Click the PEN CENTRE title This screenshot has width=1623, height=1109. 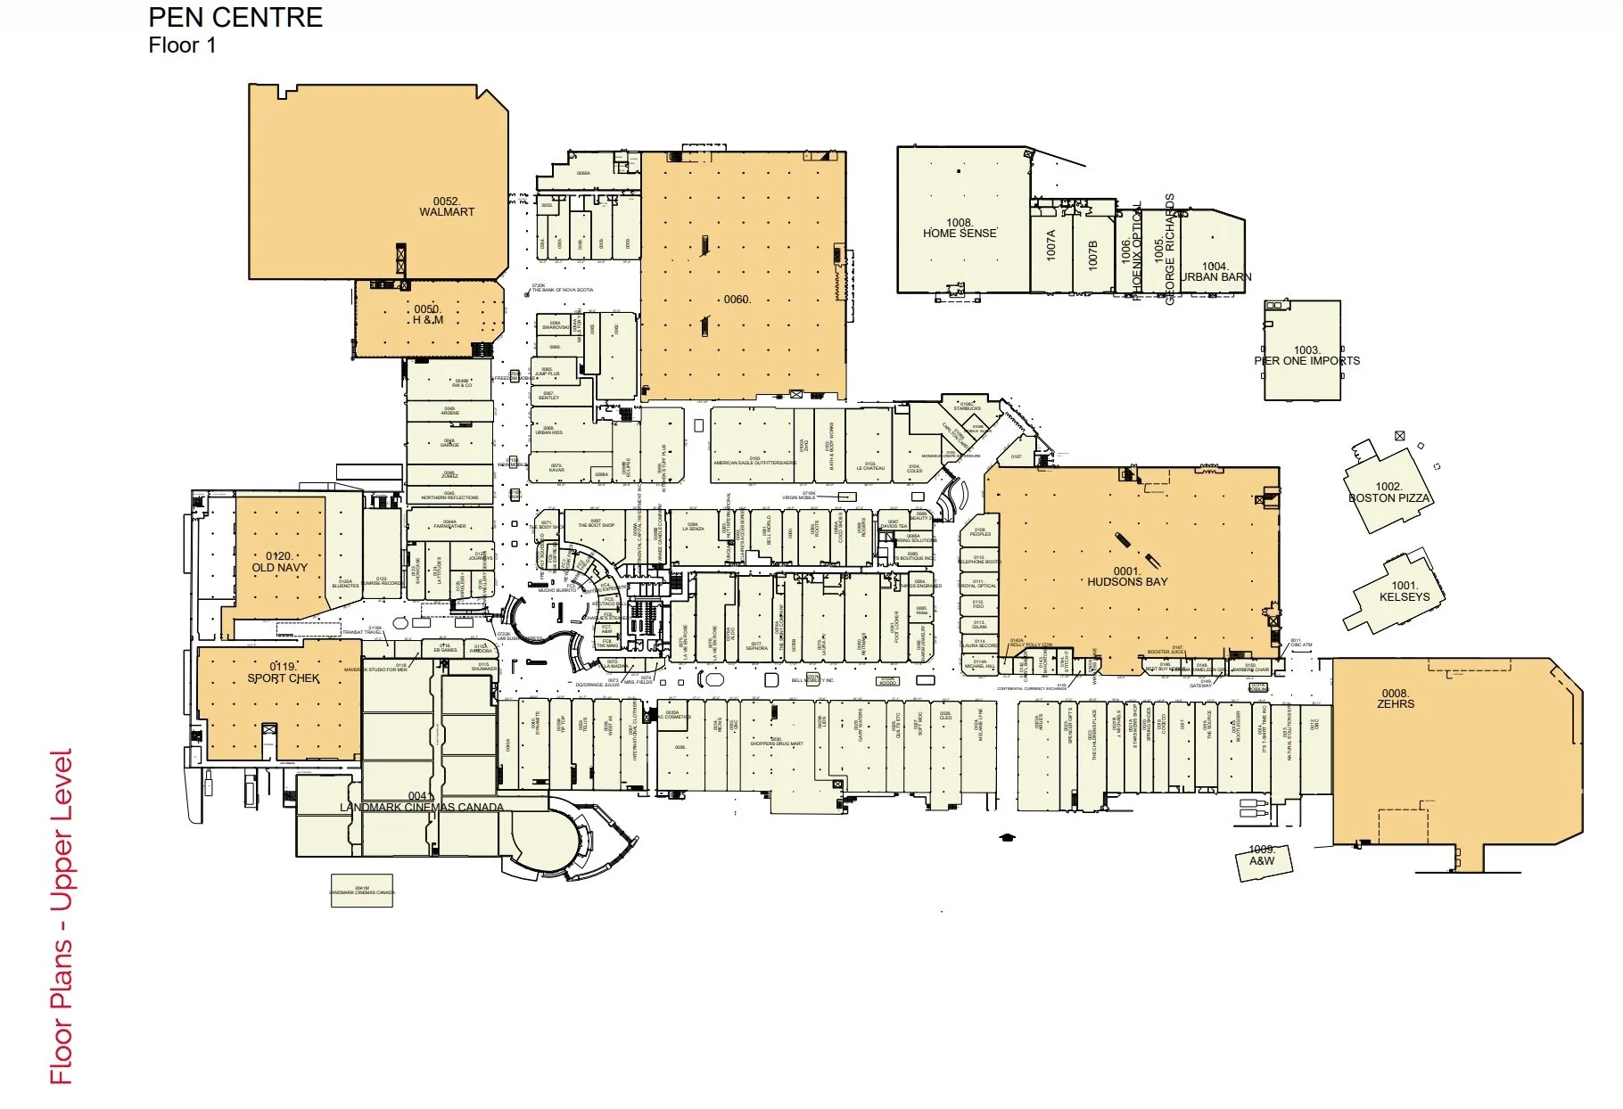point(235,18)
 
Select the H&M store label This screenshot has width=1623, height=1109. point(427,315)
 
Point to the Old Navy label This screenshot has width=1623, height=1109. point(279,562)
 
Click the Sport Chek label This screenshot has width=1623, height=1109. point(283,673)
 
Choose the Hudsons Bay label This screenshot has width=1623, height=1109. point(1127,577)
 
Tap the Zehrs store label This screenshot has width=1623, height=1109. point(1395,699)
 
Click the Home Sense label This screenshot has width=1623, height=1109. point(960,228)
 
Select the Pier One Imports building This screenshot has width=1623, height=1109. point(1303,350)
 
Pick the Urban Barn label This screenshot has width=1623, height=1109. point(1215,272)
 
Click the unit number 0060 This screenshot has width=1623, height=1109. point(737,300)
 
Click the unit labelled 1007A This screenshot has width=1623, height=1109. point(1050,245)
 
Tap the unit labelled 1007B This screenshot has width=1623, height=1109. point(1093,254)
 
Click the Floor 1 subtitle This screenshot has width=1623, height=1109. point(182,45)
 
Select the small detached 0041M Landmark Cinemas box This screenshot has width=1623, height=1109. point(362,891)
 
